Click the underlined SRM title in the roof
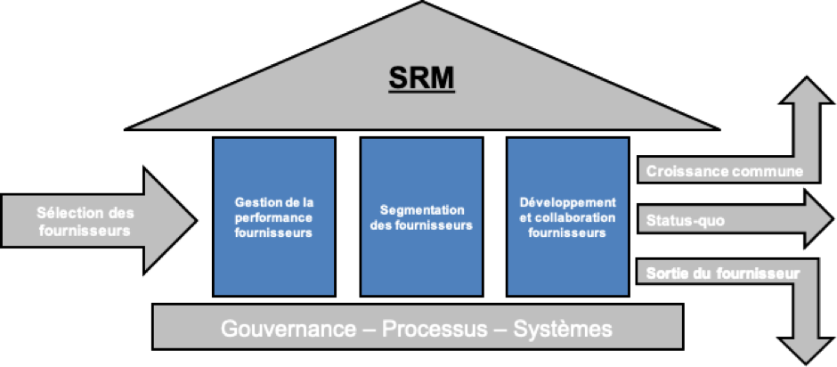click(x=422, y=78)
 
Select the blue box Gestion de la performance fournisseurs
click(x=274, y=216)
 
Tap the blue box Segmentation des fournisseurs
click(x=421, y=216)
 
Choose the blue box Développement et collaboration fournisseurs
click(x=568, y=216)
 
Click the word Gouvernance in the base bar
click(x=288, y=329)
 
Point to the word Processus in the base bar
click(x=435, y=329)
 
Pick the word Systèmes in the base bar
click(x=563, y=329)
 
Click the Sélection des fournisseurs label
click(x=85, y=222)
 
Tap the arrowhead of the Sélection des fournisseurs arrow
click(x=197, y=219)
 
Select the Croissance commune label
click(x=725, y=172)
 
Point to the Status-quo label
click(x=686, y=221)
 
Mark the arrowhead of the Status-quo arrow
click(x=833, y=219)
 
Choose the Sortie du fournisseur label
click(x=723, y=273)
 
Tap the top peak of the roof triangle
click(x=422, y=2)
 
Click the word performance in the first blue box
click(x=274, y=218)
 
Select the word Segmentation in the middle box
click(x=422, y=210)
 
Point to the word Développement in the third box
click(x=568, y=203)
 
